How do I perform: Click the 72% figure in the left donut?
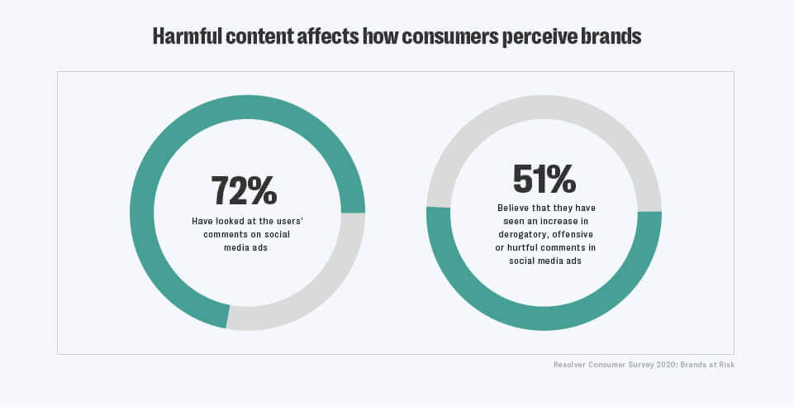point(244,190)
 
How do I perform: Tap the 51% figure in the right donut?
point(544,179)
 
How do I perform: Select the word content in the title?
point(276,36)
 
